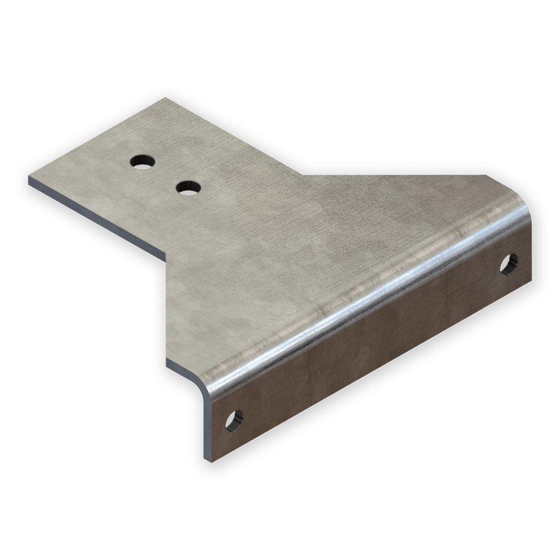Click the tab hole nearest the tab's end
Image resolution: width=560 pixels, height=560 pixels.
pos(141,162)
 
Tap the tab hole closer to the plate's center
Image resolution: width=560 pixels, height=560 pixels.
pos(188,187)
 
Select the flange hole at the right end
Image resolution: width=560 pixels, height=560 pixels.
pos(508,263)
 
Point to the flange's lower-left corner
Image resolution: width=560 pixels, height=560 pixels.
pos(208,459)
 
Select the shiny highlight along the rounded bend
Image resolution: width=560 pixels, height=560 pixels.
pos(364,290)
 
